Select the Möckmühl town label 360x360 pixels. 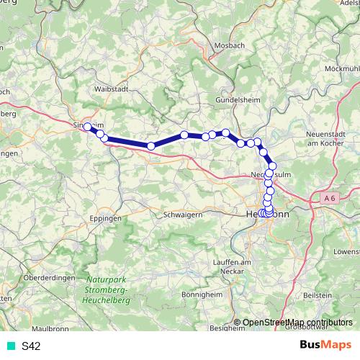point(341,68)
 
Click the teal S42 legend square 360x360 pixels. point(11,346)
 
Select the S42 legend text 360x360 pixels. point(31,346)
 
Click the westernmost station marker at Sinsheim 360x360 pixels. point(88,127)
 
